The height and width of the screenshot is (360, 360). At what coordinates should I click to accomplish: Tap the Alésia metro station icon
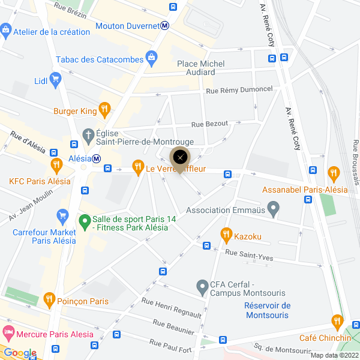(x=95, y=158)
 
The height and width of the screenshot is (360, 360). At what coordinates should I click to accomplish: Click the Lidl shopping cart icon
(x=56, y=79)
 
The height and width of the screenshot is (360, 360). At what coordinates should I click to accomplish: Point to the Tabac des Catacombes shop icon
(x=152, y=58)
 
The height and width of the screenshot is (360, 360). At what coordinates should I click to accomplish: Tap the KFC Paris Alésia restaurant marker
(x=56, y=164)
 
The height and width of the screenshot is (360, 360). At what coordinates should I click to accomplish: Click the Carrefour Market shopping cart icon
(x=62, y=215)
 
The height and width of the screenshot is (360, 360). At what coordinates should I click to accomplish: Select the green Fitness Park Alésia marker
(x=85, y=220)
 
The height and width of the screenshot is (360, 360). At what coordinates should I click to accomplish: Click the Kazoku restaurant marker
(x=226, y=234)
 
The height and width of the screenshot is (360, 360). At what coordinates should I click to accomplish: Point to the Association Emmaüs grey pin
(x=274, y=209)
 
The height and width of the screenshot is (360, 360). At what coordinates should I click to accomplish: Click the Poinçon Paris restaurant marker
(x=49, y=299)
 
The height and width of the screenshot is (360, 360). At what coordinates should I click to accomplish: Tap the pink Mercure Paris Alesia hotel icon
(x=8, y=332)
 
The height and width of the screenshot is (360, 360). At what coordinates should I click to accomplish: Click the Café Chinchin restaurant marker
(x=337, y=322)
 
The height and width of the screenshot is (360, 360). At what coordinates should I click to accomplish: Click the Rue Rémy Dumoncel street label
(x=239, y=89)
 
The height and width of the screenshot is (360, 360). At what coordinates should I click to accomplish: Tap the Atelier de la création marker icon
(x=6, y=29)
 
